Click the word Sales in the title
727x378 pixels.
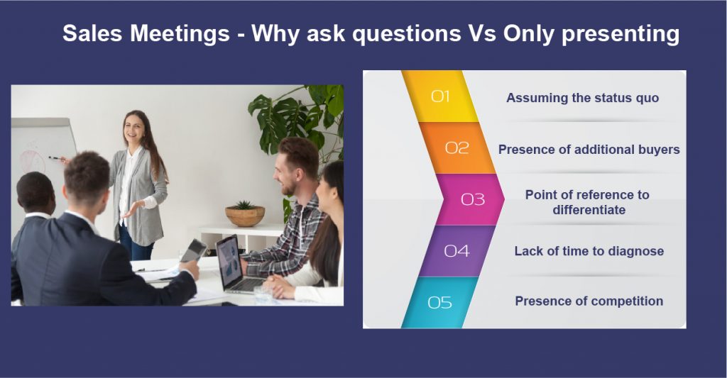click(92, 33)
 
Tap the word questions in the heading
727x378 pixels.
click(407, 34)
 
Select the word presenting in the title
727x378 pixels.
click(621, 34)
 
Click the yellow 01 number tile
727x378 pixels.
click(440, 96)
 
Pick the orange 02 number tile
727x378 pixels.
click(457, 148)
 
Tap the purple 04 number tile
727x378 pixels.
click(457, 251)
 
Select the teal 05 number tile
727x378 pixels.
click(439, 303)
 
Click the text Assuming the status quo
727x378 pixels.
click(582, 98)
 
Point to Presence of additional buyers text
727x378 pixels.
click(589, 150)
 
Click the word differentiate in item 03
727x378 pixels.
click(589, 210)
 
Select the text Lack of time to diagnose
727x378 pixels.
click(589, 251)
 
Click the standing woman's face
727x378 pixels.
click(133, 126)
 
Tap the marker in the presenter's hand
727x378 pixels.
click(57, 158)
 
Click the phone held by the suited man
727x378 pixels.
click(193, 251)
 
